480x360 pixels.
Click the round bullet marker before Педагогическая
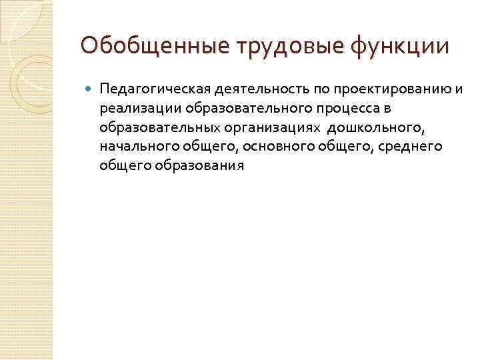(89, 89)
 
